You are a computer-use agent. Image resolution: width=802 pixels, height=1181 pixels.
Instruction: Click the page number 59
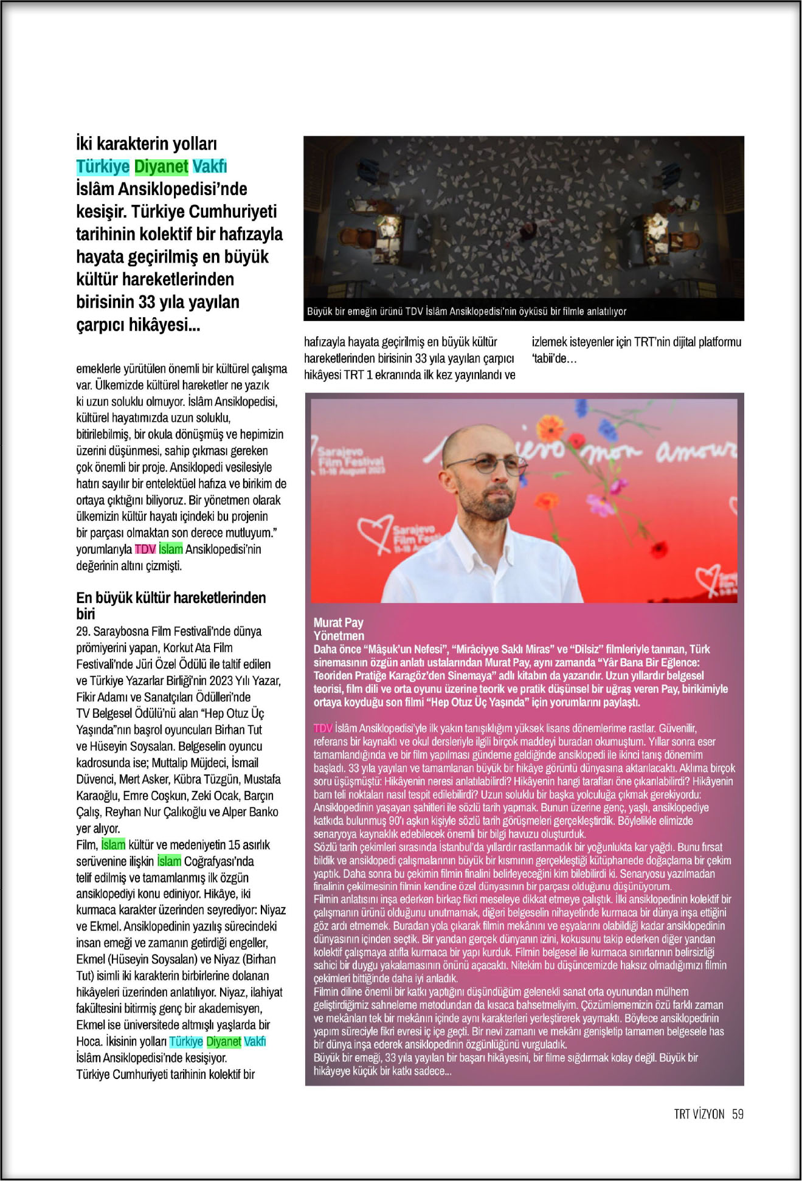pyautogui.click(x=738, y=1114)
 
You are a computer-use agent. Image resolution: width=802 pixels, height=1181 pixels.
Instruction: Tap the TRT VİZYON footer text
pyautogui.click(x=699, y=1114)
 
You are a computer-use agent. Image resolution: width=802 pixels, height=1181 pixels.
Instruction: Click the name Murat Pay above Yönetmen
pyautogui.click(x=338, y=622)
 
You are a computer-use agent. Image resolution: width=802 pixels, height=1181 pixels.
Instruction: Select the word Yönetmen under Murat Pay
pyautogui.click(x=339, y=635)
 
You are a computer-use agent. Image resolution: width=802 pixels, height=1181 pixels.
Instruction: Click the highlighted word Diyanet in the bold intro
pyautogui.click(x=161, y=166)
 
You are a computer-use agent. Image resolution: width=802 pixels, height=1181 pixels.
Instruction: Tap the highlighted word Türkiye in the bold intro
pyautogui.click(x=103, y=166)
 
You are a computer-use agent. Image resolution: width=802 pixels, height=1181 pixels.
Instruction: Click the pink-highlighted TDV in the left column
pyautogui.click(x=145, y=549)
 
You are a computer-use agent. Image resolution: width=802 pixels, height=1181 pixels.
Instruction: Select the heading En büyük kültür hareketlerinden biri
pyautogui.click(x=171, y=605)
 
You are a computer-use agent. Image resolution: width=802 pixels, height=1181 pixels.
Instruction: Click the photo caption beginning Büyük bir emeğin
pyautogui.click(x=466, y=311)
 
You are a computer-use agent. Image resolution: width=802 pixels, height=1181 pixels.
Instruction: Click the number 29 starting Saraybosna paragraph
pyautogui.click(x=83, y=631)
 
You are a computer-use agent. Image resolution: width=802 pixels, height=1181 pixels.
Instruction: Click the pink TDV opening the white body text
pyautogui.click(x=323, y=728)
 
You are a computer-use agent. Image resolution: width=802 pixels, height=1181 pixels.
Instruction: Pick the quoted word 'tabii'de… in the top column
pyautogui.click(x=554, y=358)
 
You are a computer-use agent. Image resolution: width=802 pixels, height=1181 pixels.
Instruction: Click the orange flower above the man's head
pyautogui.click(x=553, y=425)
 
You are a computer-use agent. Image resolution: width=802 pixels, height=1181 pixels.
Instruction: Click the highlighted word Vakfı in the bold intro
pyautogui.click(x=210, y=166)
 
